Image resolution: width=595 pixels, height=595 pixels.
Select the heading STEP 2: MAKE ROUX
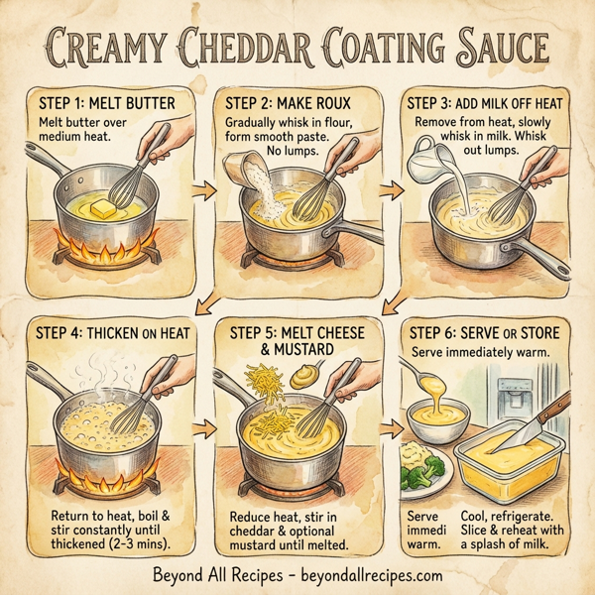coord(285,103)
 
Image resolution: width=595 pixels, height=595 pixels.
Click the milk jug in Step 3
coord(428,158)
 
